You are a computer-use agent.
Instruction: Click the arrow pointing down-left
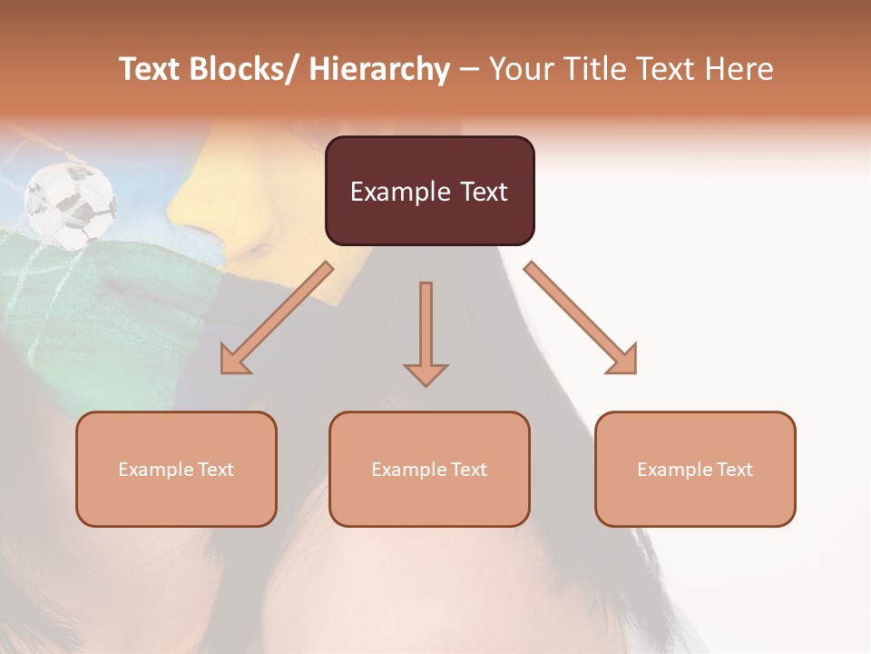277,318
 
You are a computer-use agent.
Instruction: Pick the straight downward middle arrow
426,332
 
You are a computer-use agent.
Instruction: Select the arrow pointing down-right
581,318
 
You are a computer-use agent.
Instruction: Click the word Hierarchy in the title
378,69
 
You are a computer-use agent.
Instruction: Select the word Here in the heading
739,69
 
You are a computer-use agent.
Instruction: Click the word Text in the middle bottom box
467,470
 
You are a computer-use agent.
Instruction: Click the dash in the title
469,69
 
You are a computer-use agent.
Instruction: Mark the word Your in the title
519,69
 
